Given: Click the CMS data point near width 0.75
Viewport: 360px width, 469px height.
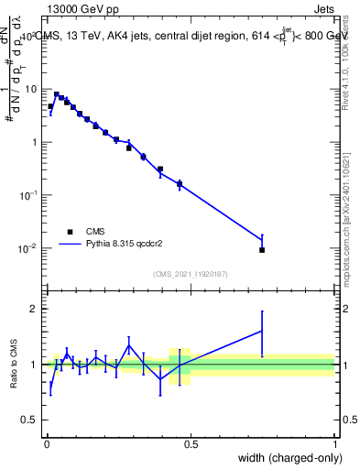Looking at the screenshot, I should coord(262,249).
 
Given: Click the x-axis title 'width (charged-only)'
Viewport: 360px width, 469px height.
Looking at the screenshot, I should coord(285,457).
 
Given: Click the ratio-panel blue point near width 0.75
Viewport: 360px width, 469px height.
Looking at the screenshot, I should coord(262,331).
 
